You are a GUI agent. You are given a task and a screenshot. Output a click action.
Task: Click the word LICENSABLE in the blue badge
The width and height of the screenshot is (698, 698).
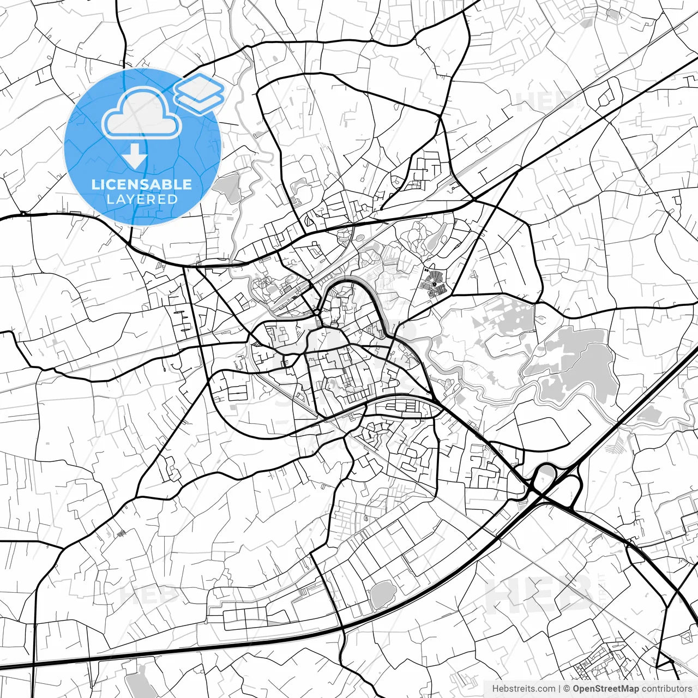click(x=142, y=184)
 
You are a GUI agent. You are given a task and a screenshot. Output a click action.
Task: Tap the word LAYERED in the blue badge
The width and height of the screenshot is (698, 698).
click(x=142, y=199)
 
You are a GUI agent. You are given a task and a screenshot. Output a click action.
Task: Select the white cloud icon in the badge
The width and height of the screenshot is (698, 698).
click(x=142, y=113)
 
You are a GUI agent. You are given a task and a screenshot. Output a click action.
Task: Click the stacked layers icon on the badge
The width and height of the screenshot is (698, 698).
click(x=199, y=93)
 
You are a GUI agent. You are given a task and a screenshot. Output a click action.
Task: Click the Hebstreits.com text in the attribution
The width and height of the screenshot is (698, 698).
click(x=523, y=689)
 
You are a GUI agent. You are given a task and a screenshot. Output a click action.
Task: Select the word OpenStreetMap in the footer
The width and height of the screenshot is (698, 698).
click(x=606, y=689)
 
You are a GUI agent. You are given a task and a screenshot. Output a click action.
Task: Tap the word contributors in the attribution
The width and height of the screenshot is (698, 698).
click(x=666, y=689)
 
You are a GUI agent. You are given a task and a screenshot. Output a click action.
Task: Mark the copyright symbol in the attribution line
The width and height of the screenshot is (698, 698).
click(x=567, y=689)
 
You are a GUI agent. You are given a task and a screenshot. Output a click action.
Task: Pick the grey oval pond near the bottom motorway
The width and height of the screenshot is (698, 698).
click(x=382, y=593)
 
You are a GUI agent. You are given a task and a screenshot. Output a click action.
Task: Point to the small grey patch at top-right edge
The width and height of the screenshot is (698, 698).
click(x=587, y=23)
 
